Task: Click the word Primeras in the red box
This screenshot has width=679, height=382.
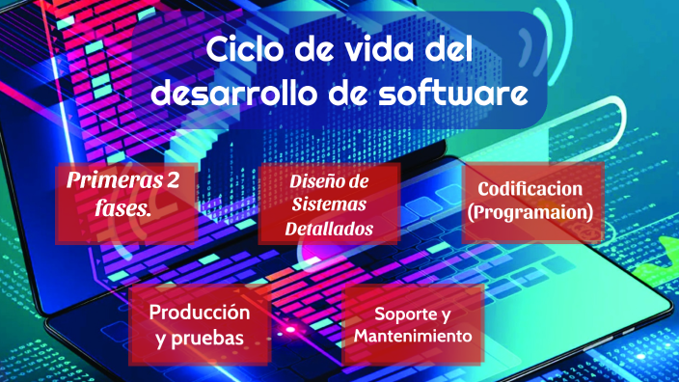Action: tap(110, 179)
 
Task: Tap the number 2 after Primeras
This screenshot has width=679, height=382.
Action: tap(174, 179)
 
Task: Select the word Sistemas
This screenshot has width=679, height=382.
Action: tap(330, 205)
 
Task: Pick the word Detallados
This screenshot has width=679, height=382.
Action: tap(329, 230)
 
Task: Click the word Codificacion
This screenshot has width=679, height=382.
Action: tap(534, 189)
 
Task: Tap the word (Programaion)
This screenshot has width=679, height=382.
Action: tap(534, 212)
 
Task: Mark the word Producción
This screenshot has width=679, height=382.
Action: tap(200, 313)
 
